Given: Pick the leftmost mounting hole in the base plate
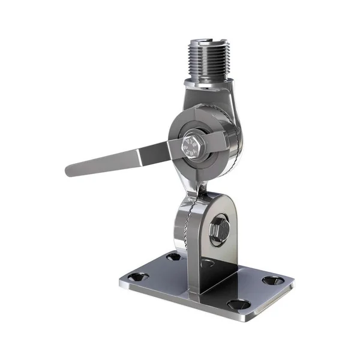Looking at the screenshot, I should (x=140, y=277).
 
